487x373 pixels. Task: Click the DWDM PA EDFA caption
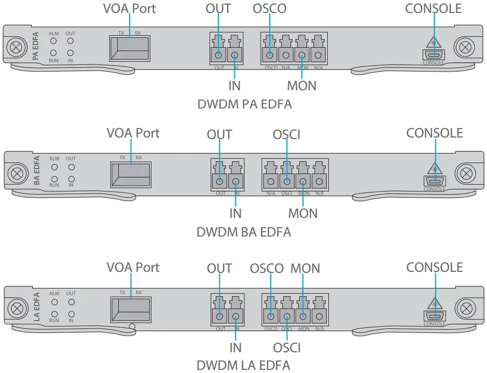(x=244, y=104)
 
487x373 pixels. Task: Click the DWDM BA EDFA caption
(x=243, y=232)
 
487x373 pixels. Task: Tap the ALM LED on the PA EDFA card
(x=53, y=40)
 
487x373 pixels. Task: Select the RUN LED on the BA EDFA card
(x=54, y=178)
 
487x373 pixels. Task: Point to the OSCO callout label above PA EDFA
(x=269, y=8)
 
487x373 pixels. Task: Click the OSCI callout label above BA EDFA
(x=286, y=135)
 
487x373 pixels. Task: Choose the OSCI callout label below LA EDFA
(x=286, y=347)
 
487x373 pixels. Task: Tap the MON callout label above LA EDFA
(x=305, y=269)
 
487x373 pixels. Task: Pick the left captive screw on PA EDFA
(x=15, y=47)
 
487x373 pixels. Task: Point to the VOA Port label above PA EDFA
(x=129, y=8)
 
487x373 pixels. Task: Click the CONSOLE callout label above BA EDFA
(x=434, y=133)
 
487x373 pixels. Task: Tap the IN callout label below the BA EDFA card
(x=235, y=213)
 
